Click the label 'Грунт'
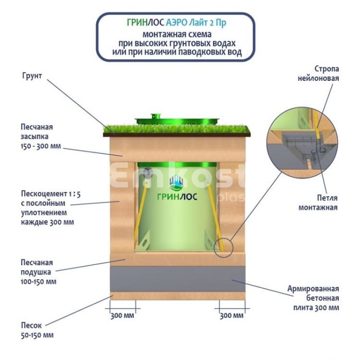click(32, 76)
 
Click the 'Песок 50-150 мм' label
click(37, 331)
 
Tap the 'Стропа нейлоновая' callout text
click(320, 74)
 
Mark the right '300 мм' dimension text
click(231, 316)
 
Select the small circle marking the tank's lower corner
click(225, 248)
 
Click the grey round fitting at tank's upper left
click(148, 173)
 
